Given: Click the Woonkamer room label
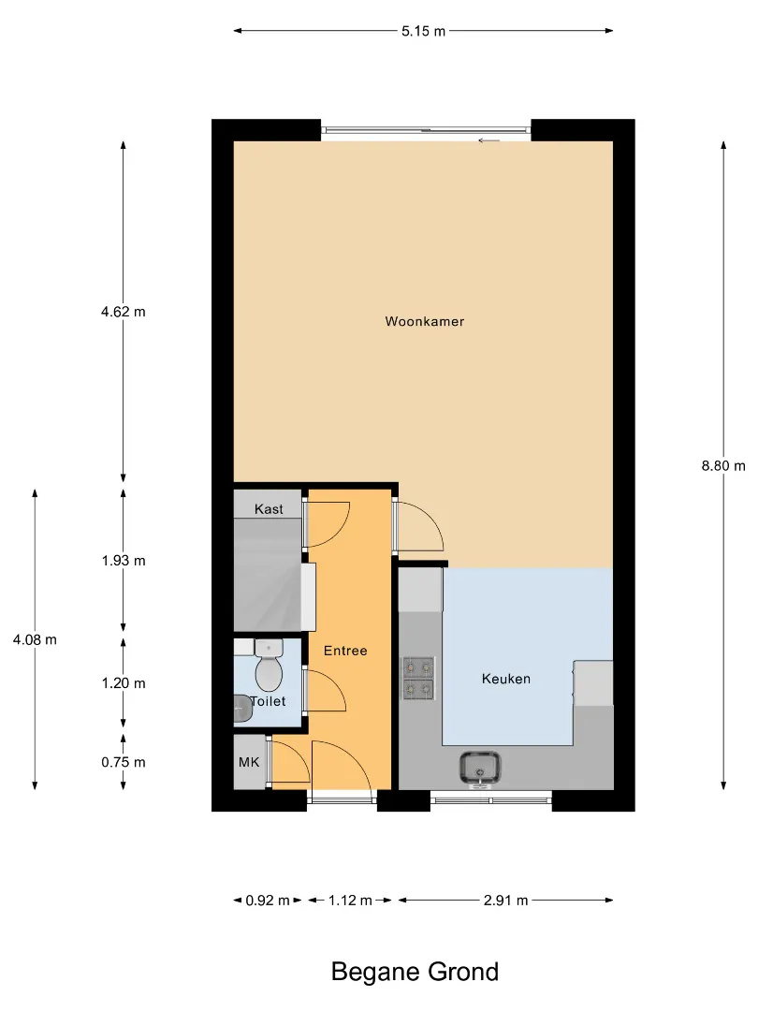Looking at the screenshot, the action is [424, 321].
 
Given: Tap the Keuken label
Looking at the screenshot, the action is [506, 679].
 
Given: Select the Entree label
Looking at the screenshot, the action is [345, 651].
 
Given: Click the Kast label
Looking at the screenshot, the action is [269, 508].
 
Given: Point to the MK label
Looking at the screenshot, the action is [249, 762].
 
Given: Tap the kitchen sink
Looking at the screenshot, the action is [479, 769].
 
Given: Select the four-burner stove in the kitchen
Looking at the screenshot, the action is [418, 679].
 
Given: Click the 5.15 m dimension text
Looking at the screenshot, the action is [424, 31].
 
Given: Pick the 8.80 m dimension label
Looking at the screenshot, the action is [723, 465].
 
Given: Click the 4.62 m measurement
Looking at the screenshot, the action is [124, 312].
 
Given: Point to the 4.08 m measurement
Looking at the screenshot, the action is [35, 639].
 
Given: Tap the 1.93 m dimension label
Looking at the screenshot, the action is [124, 561].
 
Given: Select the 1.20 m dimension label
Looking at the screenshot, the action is [124, 682].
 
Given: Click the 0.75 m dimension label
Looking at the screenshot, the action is [124, 762].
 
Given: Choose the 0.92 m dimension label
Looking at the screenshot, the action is [268, 901].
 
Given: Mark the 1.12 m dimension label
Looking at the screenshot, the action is [350, 901].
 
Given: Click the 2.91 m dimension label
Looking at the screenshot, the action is [506, 901].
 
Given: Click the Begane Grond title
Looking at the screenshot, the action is [415, 972].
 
